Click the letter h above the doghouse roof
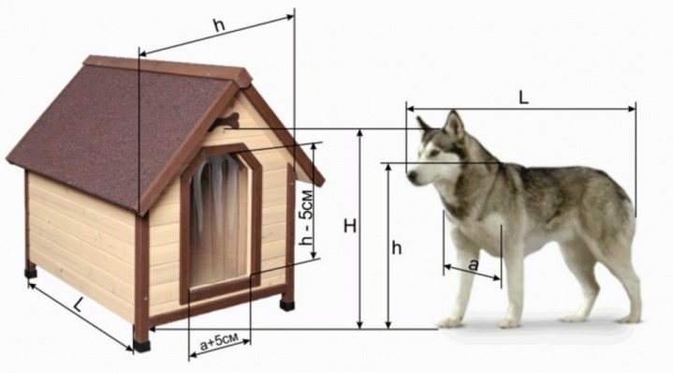[x=219, y=26]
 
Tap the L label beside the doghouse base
[x=78, y=305]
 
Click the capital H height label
[x=350, y=226]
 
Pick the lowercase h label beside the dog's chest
[x=397, y=247]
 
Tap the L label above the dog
[x=523, y=98]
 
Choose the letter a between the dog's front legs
[x=473, y=265]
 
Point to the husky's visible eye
[x=434, y=153]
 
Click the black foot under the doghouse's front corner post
[x=141, y=345]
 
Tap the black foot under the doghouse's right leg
[x=287, y=305]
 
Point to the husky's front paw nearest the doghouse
[x=450, y=322]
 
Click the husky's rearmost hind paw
[x=629, y=319]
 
